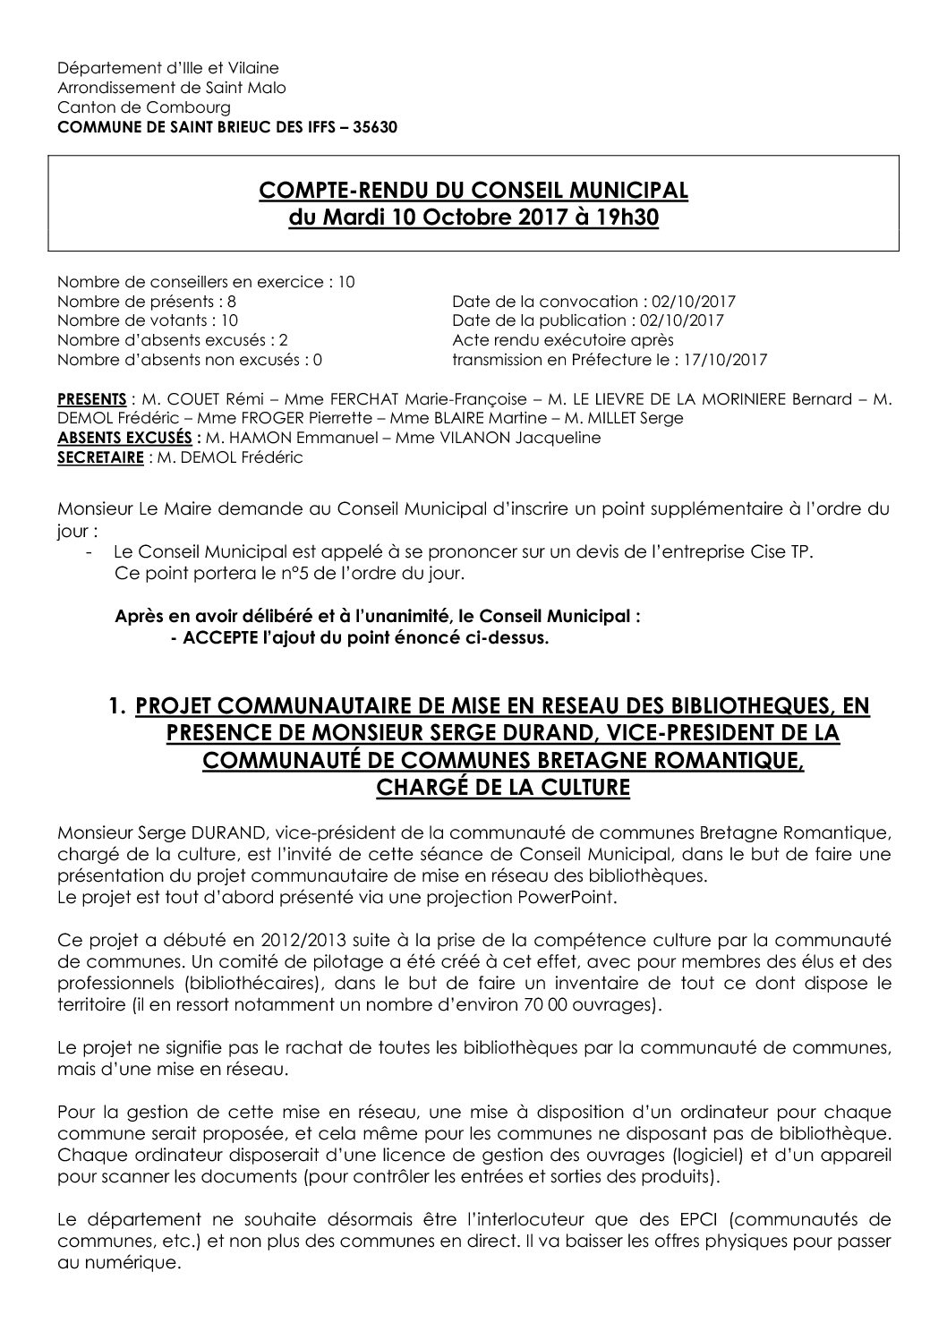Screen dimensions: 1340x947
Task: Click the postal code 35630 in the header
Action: pyautogui.click(x=376, y=126)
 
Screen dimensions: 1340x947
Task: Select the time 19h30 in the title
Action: pyautogui.click(x=627, y=218)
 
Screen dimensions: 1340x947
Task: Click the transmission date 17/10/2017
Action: pyautogui.click(x=731, y=359)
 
